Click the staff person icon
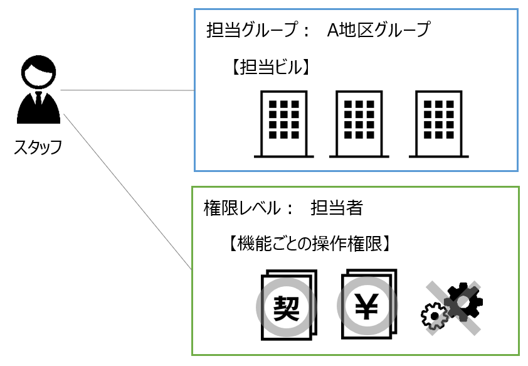38,91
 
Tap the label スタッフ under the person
38,148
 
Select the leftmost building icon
283,123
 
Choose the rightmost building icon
439,123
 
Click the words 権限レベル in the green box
240,208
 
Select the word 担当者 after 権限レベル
336,208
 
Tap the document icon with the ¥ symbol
367,304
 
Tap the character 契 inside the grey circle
285,307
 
